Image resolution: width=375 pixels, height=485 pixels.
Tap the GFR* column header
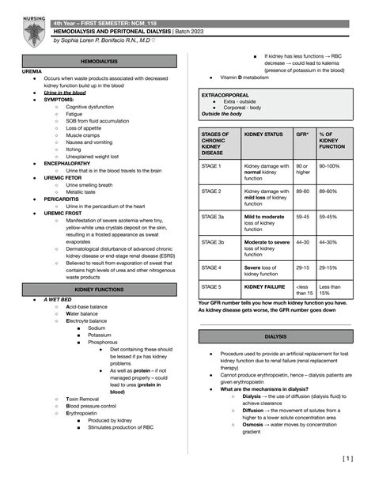301,135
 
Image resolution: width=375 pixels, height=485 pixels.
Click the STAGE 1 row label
212,166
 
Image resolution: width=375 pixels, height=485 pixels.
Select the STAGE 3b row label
214,242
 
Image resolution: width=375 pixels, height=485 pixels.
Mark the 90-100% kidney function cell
328,166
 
